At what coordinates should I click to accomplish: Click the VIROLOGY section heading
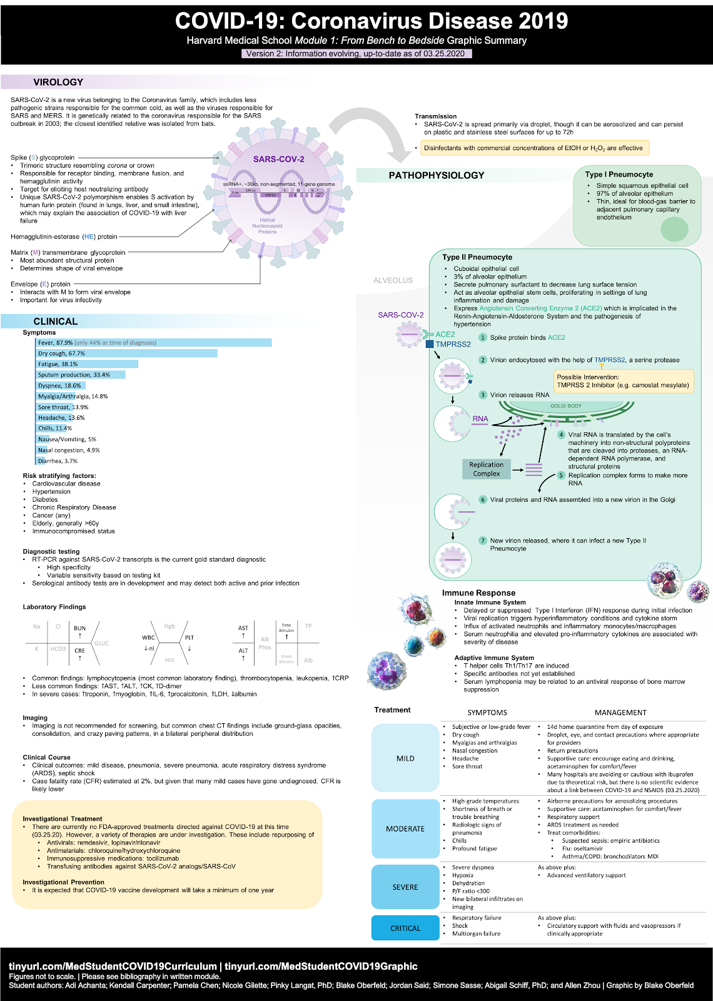58,82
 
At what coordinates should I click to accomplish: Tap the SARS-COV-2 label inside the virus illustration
278,159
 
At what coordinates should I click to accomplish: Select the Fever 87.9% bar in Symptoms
154,343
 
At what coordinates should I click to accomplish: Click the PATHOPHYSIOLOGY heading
437,175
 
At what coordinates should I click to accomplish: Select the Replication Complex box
487,469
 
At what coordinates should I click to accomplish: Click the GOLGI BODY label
566,406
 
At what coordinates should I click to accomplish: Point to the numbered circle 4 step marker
561,435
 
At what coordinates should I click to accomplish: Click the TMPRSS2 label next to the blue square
453,344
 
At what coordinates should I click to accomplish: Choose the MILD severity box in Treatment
405,758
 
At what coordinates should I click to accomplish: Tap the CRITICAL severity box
405,928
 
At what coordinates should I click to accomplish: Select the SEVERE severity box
405,887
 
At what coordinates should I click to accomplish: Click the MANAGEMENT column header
620,713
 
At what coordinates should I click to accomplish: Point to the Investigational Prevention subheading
63,882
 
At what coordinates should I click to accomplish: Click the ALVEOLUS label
393,280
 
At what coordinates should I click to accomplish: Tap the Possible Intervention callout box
624,381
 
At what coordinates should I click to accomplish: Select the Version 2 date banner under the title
356,53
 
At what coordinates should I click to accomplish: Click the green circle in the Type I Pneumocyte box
674,229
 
